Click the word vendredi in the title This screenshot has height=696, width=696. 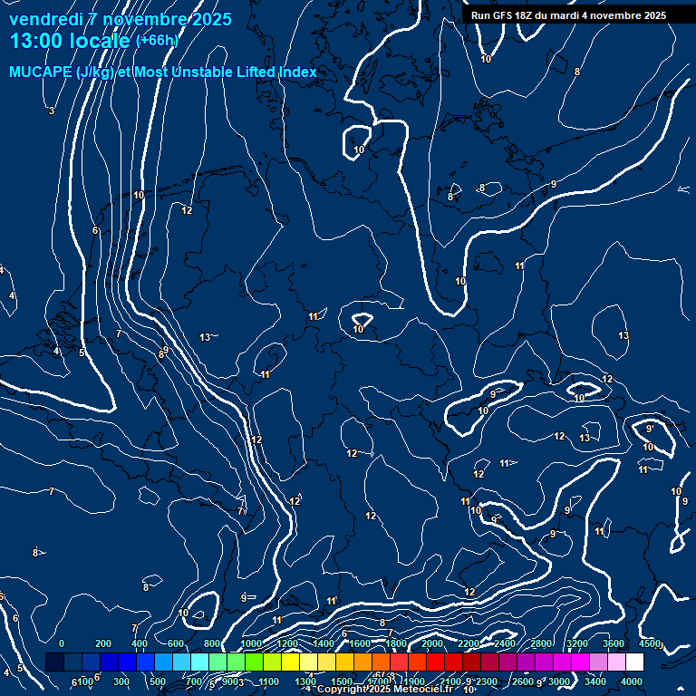[x=46, y=19]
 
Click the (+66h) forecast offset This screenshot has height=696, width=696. [x=157, y=40]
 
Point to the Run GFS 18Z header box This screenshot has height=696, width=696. [x=568, y=15]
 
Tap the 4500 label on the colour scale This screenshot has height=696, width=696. [x=650, y=643]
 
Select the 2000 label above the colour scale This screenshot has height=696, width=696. [x=432, y=643]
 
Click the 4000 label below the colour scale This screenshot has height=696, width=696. [x=632, y=681]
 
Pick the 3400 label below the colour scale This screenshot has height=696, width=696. [x=595, y=681]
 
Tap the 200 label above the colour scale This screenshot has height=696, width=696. [x=103, y=643]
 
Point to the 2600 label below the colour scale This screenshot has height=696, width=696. [x=523, y=681]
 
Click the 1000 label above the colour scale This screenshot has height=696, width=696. [x=251, y=643]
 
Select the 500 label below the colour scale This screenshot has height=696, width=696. [x=158, y=681]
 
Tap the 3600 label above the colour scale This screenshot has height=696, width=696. [x=614, y=643]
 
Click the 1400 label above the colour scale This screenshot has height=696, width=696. [x=324, y=643]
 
